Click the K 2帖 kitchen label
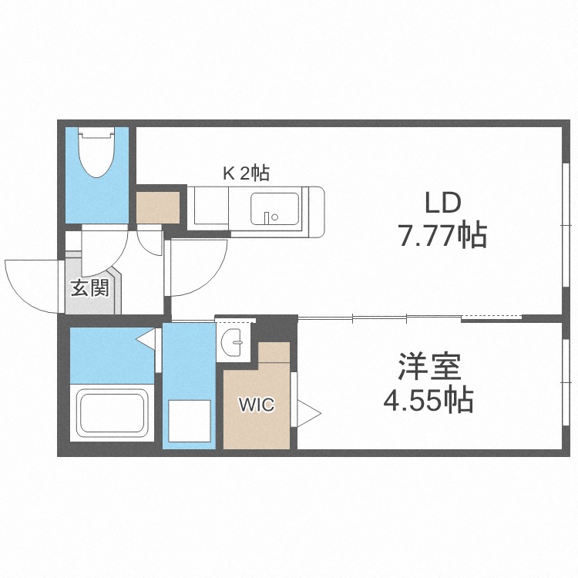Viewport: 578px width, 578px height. coord(246,174)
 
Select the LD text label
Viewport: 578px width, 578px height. coord(442,203)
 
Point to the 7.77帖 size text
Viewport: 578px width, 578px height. coord(442,234)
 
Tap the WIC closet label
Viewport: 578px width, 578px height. coord(256,405)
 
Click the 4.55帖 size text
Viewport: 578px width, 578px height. coord(429,401)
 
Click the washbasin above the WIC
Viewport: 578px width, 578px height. coord(234,341)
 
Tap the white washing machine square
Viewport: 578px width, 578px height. coord(190,422)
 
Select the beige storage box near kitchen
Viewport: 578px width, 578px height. coord(158,206)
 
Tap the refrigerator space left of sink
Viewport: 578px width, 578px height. coord(210,208)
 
